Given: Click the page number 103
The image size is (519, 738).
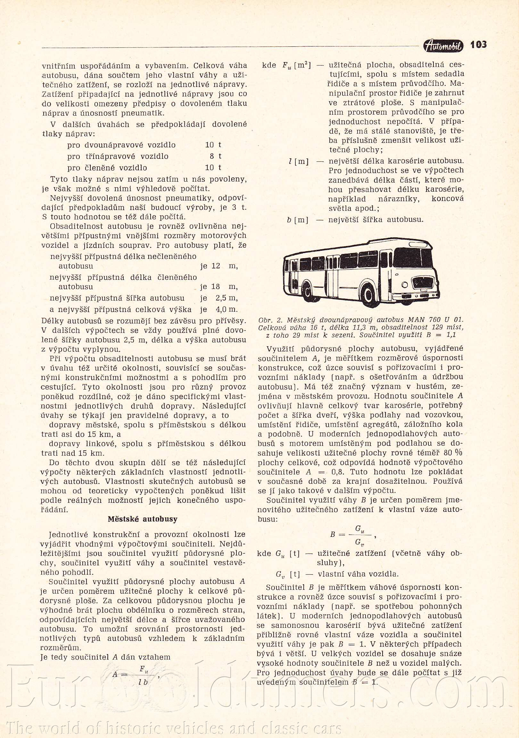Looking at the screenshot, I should [x=478, y=45].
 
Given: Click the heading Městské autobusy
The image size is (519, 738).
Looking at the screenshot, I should [x=142, y=519].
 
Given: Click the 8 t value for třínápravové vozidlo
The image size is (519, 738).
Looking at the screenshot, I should [x=215, y=156].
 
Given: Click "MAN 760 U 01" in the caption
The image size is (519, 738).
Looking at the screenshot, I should [x=435, y=320].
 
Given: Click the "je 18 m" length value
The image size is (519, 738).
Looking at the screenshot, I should [x=219, y=287].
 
